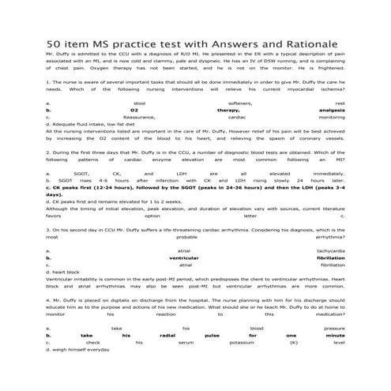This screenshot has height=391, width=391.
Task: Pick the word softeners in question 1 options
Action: (x=217, y=103)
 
